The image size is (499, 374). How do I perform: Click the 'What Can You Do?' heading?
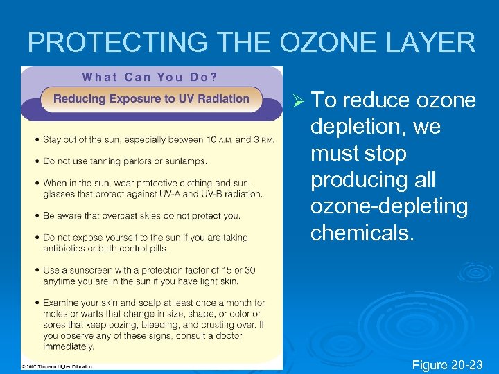click(150, 77)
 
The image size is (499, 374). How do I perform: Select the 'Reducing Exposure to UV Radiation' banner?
click(151, 98)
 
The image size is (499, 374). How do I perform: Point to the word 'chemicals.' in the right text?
click(362, 233)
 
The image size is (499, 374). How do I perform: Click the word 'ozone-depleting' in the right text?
click(389, 206)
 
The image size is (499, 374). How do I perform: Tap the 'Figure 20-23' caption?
click(448, 364)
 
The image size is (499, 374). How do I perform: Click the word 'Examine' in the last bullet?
click(61, 303)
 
